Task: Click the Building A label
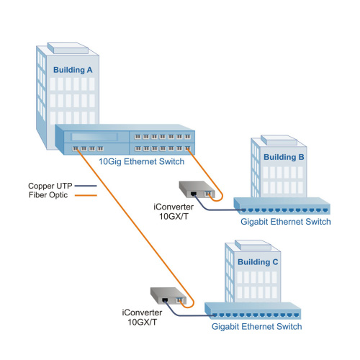click(x=73, y=70)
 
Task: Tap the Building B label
click(x=284, y=157)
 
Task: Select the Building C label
click(x=258, y=262)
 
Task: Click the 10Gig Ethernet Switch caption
click(x=142, y=161)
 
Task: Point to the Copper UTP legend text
click(x=50, y=186)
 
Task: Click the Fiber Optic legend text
click(x=48, y=195)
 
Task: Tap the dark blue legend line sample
click(x=86, y=186)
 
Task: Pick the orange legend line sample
click(x=86, y=195)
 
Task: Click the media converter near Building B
click(x=197, y=189)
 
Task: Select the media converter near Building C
click(x=168, y=296)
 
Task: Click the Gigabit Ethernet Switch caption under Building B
click(x=286, y=222)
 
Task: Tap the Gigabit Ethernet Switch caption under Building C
click(x=256, y=326)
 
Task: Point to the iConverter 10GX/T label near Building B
click(x=174, y=212)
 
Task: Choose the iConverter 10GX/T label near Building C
click(x=142, y=318)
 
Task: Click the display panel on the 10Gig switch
click(x=94, y=137)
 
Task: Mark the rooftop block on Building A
click(x=68, y=48)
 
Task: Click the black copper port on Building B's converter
click(x=194, y=194)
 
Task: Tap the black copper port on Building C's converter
click(x=165, y=300)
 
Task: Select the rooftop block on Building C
click(x=253, y=246)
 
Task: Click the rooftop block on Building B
click(x=279, y=140)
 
